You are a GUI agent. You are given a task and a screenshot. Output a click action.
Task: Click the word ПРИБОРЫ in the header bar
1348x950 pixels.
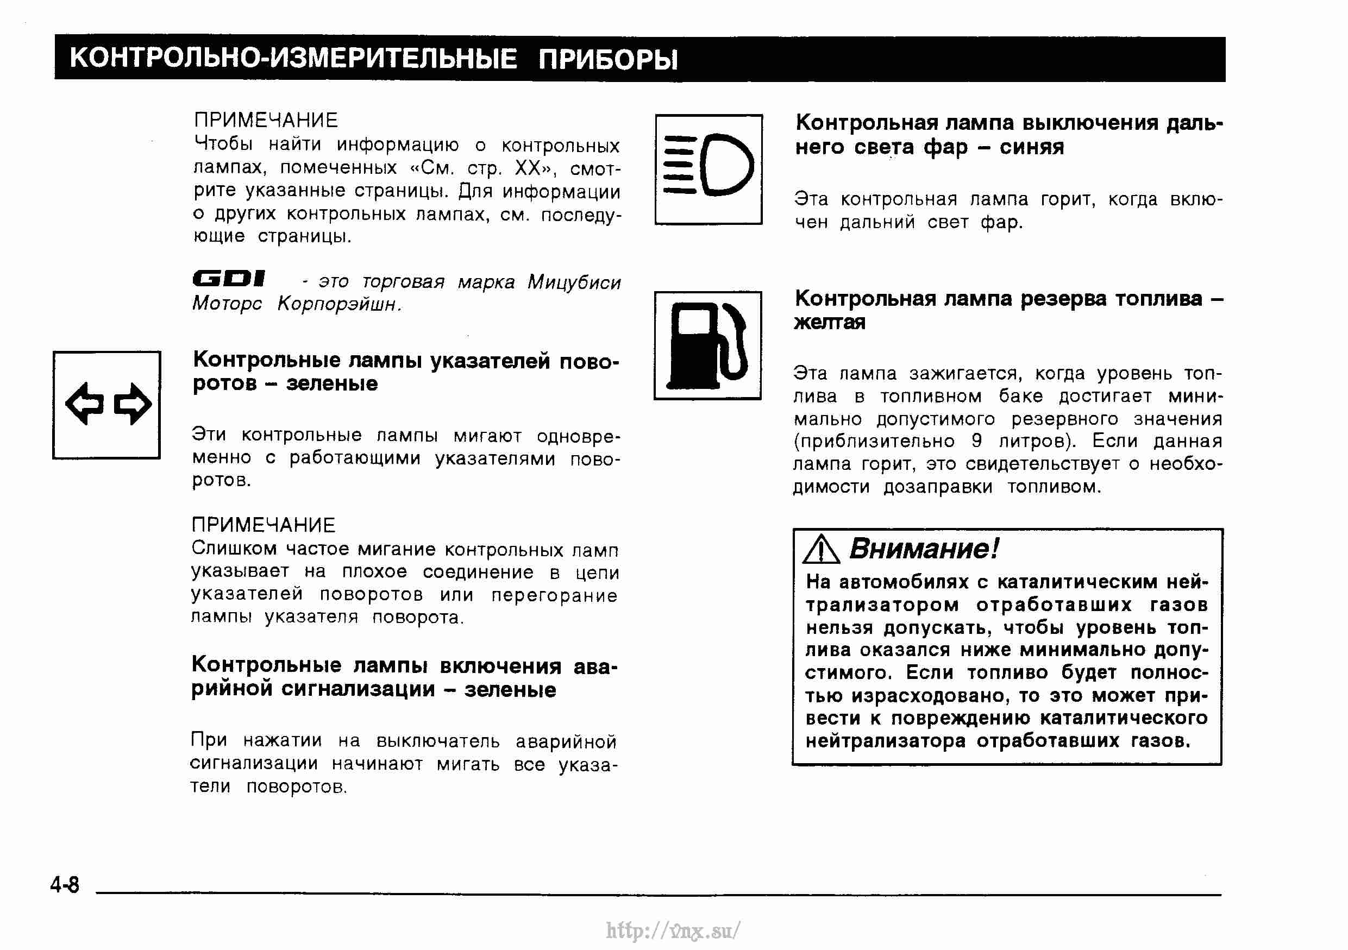607,59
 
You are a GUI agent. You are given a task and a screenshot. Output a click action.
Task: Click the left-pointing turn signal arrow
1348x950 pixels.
85,404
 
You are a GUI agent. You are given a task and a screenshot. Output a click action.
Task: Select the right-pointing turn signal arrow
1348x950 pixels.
133,404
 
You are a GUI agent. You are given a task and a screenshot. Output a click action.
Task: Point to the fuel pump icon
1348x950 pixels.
708,345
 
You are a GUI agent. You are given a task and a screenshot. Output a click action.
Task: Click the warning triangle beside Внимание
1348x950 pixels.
821,550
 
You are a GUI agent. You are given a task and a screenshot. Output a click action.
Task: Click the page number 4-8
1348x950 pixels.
65,884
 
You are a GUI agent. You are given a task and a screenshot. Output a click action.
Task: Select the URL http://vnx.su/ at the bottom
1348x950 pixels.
673,930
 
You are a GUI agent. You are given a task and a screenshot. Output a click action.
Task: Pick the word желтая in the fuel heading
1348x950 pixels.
829,322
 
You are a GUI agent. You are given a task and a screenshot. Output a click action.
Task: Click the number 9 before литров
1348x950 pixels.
977,441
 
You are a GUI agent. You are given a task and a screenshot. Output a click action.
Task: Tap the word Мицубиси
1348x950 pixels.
574,282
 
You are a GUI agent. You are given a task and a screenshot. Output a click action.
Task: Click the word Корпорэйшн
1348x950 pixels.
340,304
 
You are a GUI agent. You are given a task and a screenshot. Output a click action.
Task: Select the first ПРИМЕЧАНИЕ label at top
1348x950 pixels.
266,120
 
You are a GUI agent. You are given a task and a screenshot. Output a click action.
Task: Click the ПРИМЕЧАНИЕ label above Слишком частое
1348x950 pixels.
264,525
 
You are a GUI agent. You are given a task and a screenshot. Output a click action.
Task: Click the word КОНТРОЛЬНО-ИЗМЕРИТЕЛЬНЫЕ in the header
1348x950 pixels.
293,59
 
